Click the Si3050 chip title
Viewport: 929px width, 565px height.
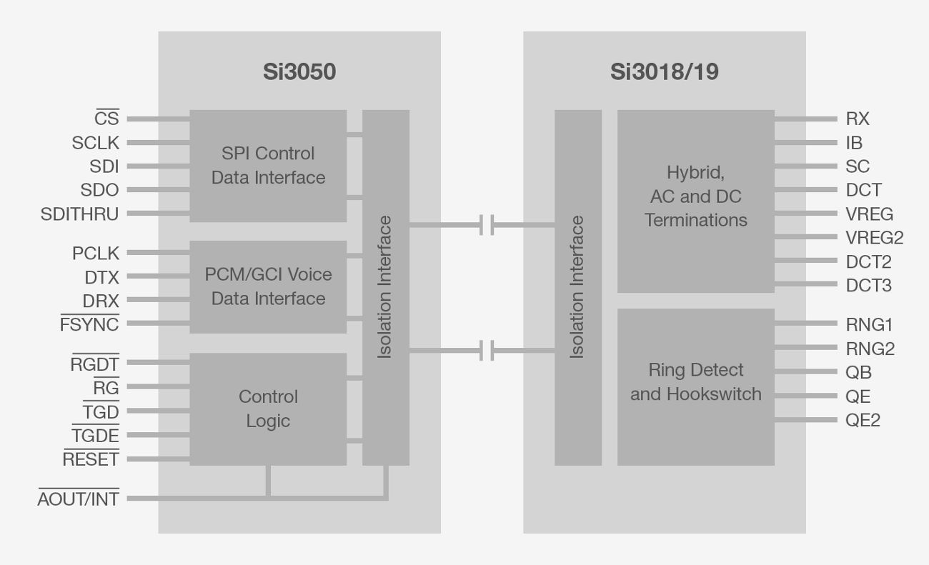(299, 72)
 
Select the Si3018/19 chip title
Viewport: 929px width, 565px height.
(664, 72)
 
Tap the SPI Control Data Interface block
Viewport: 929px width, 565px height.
(268, 166)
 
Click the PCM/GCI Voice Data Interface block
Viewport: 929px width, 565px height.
(268, 286)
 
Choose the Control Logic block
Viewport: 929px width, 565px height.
(268, 409)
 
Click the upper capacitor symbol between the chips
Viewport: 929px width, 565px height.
(487, 225)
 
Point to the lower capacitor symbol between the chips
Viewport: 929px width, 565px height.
(487, 350)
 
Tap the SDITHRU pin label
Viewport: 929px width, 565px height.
(79, 214)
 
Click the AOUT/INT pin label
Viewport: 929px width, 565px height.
(78, 499)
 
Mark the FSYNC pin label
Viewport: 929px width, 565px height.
(89, 324)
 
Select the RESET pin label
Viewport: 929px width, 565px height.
(91, 459)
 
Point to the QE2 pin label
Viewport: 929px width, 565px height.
(863, 420)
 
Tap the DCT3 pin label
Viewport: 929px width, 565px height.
(868, 286)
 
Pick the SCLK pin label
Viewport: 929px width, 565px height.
(95, 143)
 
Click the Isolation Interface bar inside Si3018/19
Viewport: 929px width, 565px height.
(577, 287)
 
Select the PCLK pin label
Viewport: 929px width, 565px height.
(95, 253)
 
